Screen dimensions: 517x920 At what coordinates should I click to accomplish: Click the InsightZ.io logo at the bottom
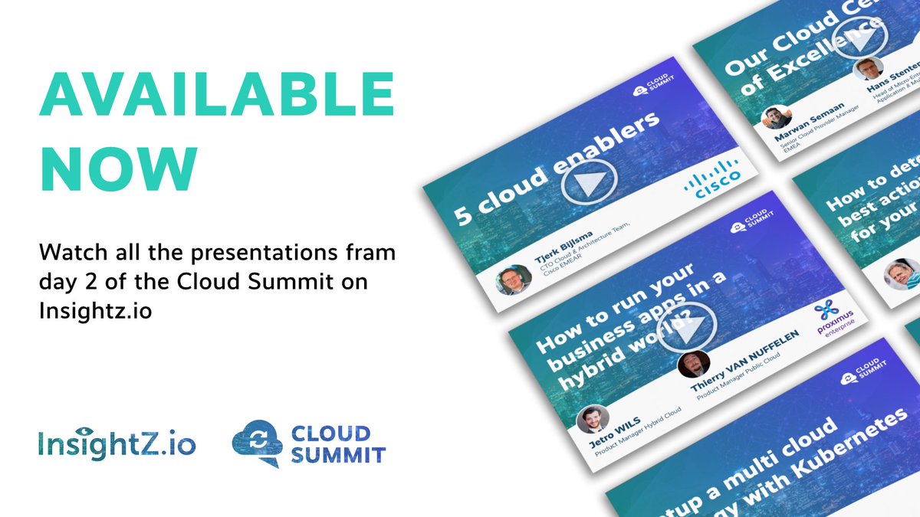click(117, 444)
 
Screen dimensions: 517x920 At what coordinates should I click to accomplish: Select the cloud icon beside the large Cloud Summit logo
click(258, 443)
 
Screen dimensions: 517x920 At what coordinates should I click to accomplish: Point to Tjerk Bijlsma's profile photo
click(513, 281)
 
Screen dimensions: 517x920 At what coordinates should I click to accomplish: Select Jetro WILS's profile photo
click(592, 419)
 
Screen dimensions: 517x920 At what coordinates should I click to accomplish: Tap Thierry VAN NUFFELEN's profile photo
click(693, 363)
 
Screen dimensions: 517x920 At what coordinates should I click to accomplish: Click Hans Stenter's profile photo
click(868, 68)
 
